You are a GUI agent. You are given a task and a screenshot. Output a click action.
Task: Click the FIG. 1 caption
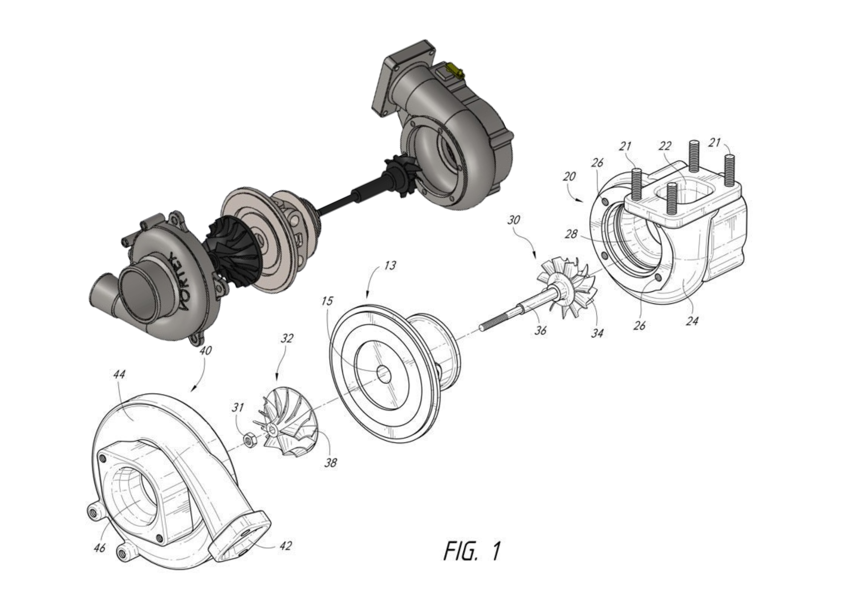pos(472,551)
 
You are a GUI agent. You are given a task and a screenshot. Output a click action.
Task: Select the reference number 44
pos(119,374)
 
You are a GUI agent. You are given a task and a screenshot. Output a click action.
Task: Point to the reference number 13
pos(389,266)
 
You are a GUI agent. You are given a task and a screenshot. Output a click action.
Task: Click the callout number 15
pos(327,301)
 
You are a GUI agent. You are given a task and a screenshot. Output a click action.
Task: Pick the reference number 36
pos(540,330)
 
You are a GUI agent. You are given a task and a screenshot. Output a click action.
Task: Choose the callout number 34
pos(597,332)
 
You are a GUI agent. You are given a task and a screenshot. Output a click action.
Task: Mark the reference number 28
pos(571,234)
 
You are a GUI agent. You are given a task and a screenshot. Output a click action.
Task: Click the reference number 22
pos(665,146)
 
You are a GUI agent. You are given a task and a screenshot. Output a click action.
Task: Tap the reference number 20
pos(569,176)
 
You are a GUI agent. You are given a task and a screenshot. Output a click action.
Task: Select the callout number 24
pos(692,320)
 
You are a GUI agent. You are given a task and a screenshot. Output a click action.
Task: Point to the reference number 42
pos(285,546)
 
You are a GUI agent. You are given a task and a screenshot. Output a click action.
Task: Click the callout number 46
pos(99,548)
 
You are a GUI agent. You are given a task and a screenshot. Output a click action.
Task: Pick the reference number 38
pos(330,463)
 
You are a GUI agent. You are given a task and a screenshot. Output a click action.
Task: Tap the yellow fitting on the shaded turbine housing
pos(454,70)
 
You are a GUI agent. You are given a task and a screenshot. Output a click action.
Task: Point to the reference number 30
pos(513,220)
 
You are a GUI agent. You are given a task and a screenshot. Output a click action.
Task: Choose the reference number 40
pos(205,351)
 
